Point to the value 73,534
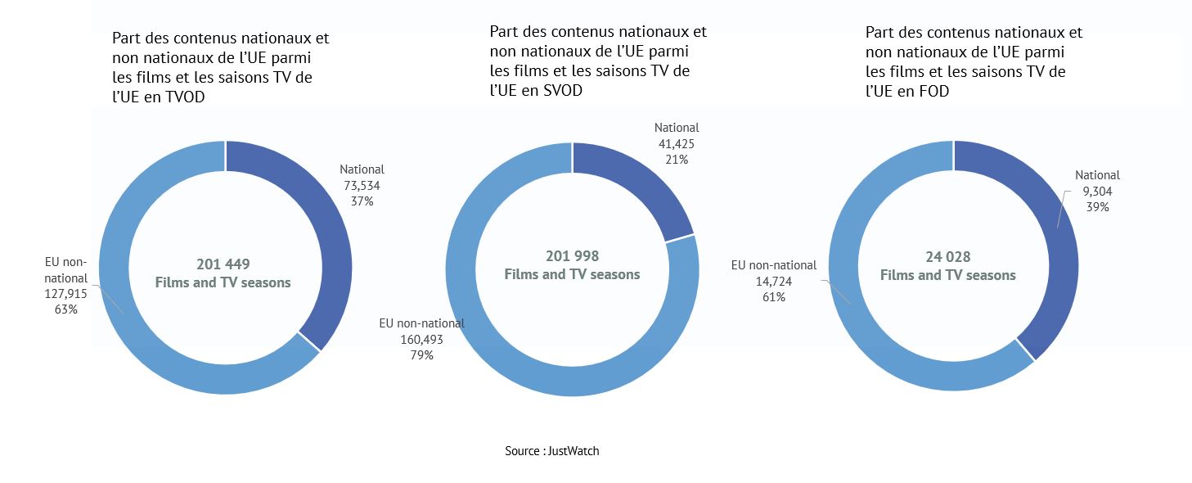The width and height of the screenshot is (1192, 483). [x=362, y=186]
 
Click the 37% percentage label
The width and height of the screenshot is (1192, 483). [x=362, y=201]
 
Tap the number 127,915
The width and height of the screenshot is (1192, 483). [x=65, y=294]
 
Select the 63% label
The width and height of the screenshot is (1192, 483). [x=65, y=309]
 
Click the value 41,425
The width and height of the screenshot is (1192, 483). [x=677, y=144]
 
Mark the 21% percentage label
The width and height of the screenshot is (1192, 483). [x=677, y=160]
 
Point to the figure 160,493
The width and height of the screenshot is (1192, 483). [x=422, y=340]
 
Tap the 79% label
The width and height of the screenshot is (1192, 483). [x=422, y=355]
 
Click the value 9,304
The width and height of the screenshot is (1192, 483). [x=1097, y=192]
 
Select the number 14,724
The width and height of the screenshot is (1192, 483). [x=773, y=282]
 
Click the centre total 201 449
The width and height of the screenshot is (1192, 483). [x=223, y=264]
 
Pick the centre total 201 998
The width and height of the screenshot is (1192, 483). [x=572, y=256]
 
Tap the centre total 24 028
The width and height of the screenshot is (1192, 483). [x=948, y=257]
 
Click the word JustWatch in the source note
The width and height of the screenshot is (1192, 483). [x=574, y=451]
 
